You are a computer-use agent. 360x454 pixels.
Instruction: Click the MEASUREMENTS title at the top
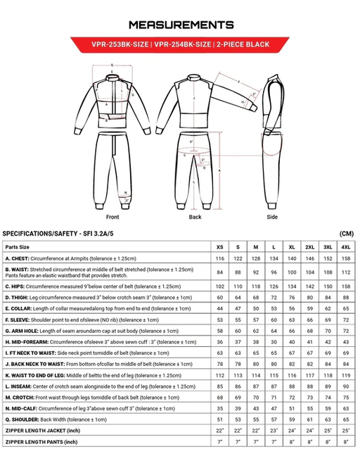[x=179, y=25]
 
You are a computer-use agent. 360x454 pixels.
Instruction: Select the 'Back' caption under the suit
[x=195, y=217]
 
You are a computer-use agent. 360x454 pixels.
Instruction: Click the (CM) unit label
[x=345, y=233]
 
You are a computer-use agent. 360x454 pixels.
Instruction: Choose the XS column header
[x=220, y=248]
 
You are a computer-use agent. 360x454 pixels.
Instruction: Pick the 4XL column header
[x=345, y=248]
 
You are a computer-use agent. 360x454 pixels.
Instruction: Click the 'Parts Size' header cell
[x=18, y=248]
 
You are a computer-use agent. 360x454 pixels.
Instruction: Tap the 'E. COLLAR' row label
[x=20, y=308]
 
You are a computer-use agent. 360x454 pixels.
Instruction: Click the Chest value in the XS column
[x=220, y=260]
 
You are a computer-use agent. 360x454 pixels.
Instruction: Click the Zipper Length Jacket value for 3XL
[x=328, y=430]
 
